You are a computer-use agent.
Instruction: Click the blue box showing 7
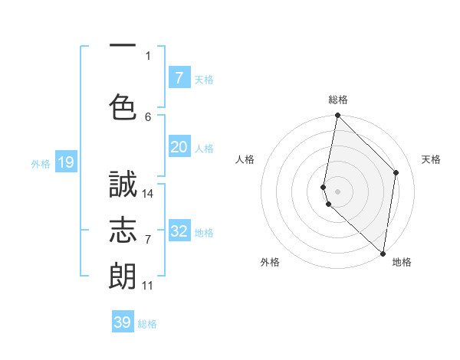pos(179,77)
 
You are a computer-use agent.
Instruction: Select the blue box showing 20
pos(179,147)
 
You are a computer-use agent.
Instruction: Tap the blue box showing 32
pos(179,231)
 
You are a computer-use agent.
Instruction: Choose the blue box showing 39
pos(122,322)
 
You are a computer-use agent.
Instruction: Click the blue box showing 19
pos(65,162)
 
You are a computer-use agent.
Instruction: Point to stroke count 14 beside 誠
pos(148,193)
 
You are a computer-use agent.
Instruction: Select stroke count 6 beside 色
pos(148,116)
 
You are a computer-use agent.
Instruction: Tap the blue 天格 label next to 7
pos(204,80)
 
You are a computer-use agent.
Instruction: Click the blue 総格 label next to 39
pos(147,325)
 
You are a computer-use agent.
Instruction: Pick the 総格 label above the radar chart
pos(338,100)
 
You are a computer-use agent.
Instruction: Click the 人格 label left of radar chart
pos(245,159)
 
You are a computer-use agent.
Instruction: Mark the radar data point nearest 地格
pos(383,254)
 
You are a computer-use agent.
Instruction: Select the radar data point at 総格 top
pos(337,116)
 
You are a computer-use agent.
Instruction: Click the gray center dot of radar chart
pos(338,191)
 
